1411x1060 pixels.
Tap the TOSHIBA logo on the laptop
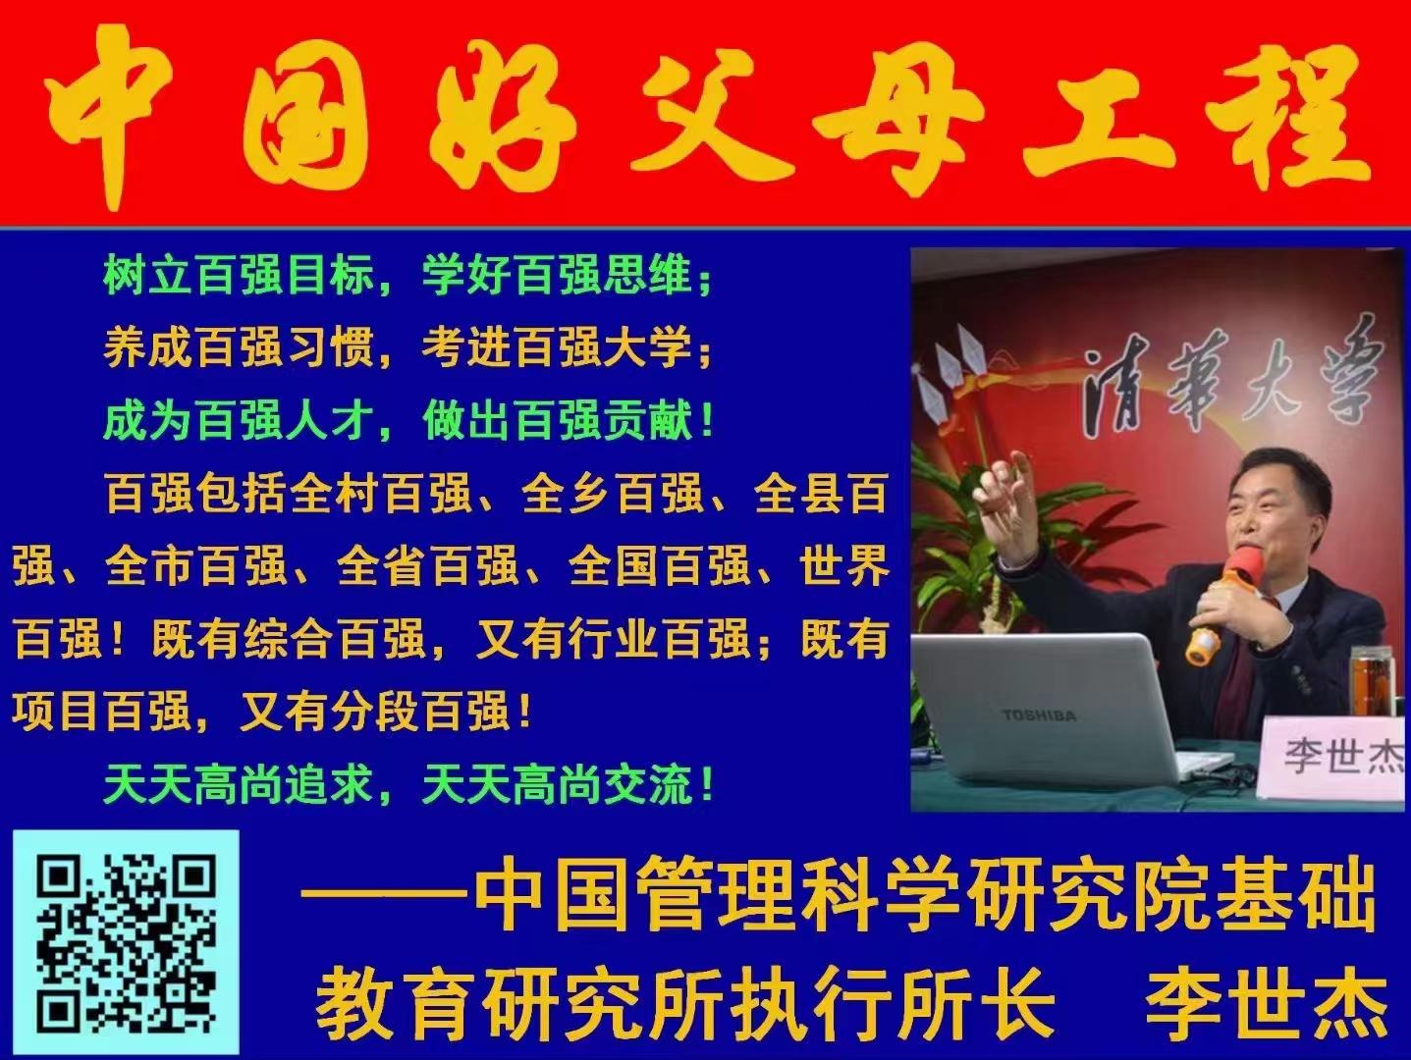pos(1038,715)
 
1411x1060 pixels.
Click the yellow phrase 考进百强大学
pos(558,347)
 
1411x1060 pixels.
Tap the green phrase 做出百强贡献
pos(558,421)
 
